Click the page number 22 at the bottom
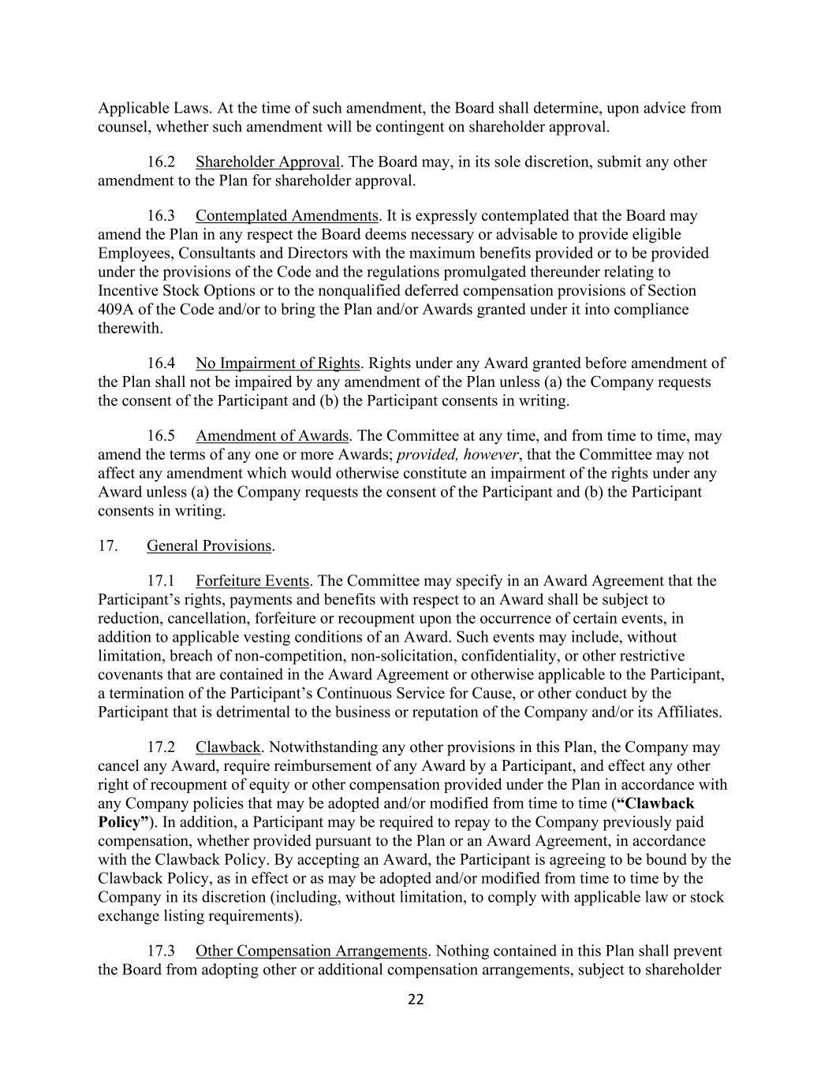(416, 1000)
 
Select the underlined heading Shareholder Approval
(267, 162)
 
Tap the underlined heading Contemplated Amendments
(287, 215)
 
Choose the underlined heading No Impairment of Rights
(278, 363)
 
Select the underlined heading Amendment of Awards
(272, 436)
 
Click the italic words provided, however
(457, 455)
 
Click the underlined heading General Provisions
(209, 545)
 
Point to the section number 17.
(108, 545)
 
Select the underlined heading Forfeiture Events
(252, 581)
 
